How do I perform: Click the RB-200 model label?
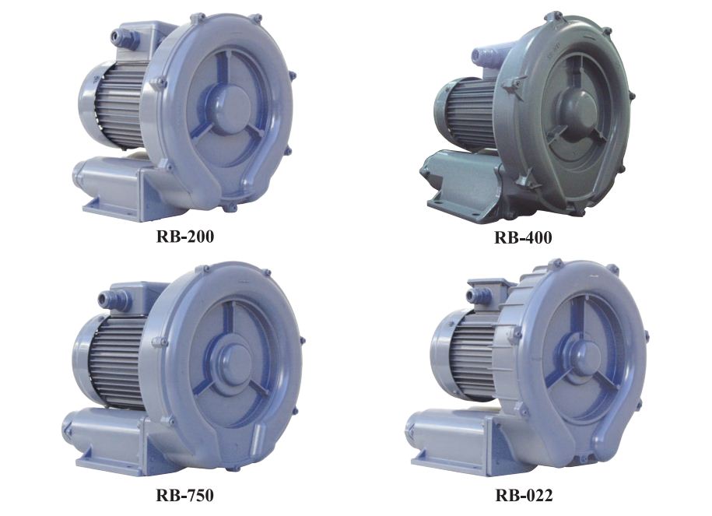tap(185, 236)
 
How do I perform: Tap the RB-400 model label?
tap(523, 237)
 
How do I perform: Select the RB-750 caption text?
tap(184, 495)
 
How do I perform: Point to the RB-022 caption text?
tap(524, 495)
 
